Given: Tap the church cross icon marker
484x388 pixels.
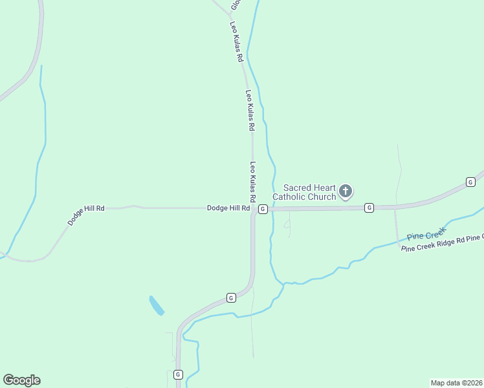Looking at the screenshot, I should (346, 191).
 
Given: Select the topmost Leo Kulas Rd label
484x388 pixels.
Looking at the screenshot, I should (237, 41).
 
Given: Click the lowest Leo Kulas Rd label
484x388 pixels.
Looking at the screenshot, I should (254, 181).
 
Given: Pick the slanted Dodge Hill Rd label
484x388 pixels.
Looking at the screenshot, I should (86, 215).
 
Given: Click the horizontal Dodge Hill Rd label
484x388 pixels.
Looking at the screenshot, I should (228, 208).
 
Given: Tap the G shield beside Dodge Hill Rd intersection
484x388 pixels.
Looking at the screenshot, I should (263, 209).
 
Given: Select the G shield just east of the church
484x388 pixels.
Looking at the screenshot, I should (369, 208).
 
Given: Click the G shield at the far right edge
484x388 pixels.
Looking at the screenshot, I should (470, 183).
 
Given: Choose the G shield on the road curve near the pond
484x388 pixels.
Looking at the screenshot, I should (231, 297).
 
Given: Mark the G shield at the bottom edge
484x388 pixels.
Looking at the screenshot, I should (178, 374).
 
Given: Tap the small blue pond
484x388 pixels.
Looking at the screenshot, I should (157, 305).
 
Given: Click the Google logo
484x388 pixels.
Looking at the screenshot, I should (21, 380).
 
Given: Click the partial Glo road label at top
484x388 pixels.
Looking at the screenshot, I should (236, 5).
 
